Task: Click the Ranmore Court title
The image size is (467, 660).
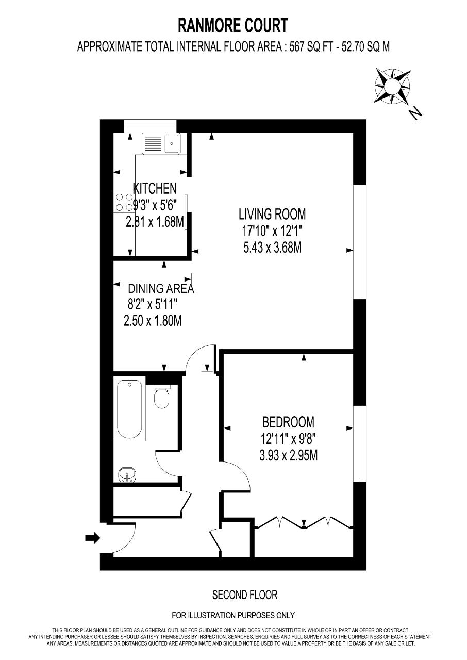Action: (x=233, y=25)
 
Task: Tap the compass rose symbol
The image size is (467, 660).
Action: (x=392, y=86)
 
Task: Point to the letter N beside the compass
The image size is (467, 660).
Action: (x=415, y=113)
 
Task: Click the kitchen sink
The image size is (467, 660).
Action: (x=161, y=143)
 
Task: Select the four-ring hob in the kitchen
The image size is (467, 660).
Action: (x=124, y=202)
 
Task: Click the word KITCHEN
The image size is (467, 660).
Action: (x=155, y=189)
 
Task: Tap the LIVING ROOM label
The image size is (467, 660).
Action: (x=272, y=214)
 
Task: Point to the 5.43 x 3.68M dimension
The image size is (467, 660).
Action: (x=272, y=248)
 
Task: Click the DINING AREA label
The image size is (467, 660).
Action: (x=161, y=288)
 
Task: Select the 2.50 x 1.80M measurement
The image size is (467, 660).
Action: (x=153, y=321)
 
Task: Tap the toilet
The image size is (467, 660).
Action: (x=162, y=397)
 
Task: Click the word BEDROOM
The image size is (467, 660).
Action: (x=288, y=422)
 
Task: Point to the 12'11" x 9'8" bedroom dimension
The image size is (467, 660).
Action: (x=288, y=440)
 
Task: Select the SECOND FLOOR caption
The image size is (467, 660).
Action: (x=245, y=595)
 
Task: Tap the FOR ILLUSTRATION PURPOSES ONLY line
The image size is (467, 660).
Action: (x=233, y=615)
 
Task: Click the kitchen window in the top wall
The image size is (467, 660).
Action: (x=150, y=126)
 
